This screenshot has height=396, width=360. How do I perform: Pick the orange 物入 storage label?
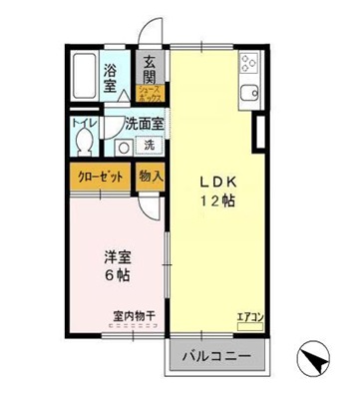(151, 177)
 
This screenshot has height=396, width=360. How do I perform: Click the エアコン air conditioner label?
(249, 318)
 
